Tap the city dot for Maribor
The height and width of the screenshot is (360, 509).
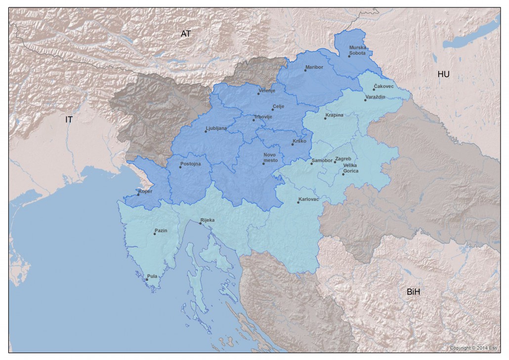pyautogui.click(x=305, y=70)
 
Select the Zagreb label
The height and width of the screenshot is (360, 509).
pyautogui.click(x=343, y=159)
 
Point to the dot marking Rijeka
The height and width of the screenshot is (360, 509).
pyautogui.click(x=200, y=224)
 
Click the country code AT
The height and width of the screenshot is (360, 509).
pyautogui.click(x=186, y=34)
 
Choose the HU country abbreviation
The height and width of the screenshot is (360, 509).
pyautogui.click(x=443, y=74)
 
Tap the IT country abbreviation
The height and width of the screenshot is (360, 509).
pyautogui.click(x=69, y=120)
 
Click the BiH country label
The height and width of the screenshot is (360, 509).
pyautogui.click(x=413, y=292)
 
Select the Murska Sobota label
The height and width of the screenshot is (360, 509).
pyautogui.click(x=358, y=49)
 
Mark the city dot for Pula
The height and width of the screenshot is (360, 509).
pyautogui.click(x=147, y=280)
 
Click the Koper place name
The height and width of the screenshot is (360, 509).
pyautogui.click(x=145, y=191)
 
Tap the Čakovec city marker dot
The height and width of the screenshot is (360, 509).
pyautogui.click(x=374, y=89)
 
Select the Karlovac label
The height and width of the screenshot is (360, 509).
pyautogui.click(x=309, y=199)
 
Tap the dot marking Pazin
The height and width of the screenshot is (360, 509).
pyautogui.click(x=155, y=234)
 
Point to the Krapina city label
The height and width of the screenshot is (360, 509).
pyautogui.click(x=334, y=115)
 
